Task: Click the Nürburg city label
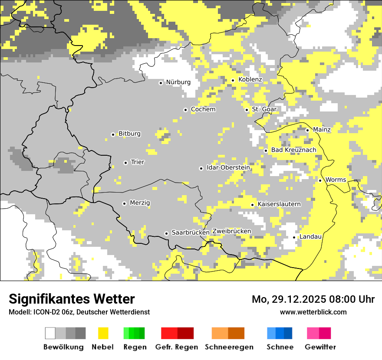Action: pos(178,82)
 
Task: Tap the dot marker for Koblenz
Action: pos(233,80)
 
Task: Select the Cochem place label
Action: pos(203,109)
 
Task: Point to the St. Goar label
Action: pos(264,109)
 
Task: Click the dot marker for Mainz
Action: pos(307,130)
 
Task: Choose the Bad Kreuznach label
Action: pos(293,150)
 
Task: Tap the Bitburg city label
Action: pos(129,134)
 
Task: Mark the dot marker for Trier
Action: pos(125,163)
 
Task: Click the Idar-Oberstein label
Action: pos(228,167)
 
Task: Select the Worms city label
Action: pos(336,180)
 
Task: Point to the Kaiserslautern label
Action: pos(279,204)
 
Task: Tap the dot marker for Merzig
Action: pos(124,203)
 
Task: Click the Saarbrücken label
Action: pos(191,232)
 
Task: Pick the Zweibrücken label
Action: pos(231,231)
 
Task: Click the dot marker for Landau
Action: pos(294,237)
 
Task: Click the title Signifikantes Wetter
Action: pos(72,299)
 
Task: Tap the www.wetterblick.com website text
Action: pos(313,312)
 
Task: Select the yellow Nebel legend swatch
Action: pos(103,333)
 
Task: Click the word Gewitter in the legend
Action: pos(320,347)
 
